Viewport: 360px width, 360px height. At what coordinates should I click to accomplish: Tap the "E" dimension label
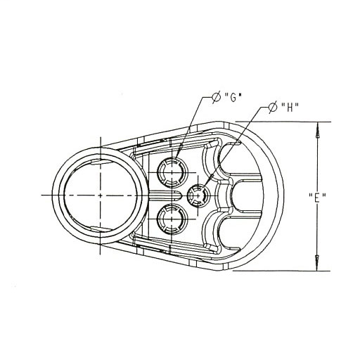coord(316,199)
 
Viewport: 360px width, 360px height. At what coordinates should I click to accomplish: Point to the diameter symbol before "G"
coord(216,97)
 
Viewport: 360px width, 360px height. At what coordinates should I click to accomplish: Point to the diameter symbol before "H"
coord(272,108)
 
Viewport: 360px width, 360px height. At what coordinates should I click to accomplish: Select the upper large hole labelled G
coord(172,168)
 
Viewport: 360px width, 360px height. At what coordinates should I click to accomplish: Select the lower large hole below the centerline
coord(172,220)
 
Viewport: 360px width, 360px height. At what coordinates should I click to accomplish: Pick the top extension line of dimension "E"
coord(281,122)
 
